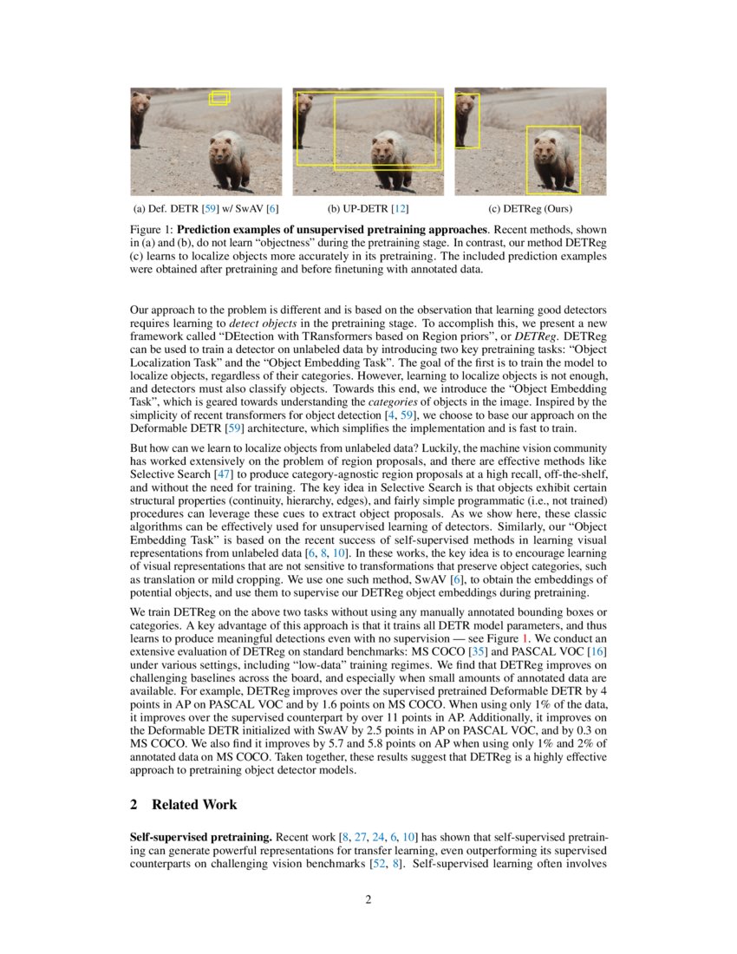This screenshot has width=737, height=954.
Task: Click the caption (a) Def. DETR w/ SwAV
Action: point(205,209)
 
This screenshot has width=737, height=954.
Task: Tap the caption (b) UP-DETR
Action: point(368,209)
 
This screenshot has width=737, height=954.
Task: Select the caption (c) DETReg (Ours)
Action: point(531,209)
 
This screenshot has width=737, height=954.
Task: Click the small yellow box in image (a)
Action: point(220,98)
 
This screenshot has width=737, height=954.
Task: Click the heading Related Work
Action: point(194,805)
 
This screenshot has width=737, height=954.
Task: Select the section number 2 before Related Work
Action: point(134,805)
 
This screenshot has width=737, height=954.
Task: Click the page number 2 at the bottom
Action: point(368,899)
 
